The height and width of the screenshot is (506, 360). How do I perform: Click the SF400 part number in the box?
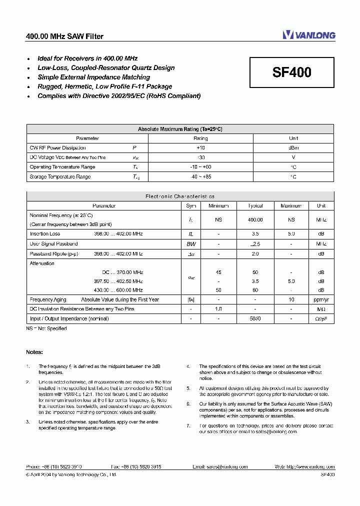pyautogui.click(x=291, y=72)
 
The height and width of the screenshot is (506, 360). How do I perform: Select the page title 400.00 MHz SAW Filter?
pyautogui.click(x=64, y=36)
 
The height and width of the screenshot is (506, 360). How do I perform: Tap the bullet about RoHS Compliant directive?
pyautogui.click(x=119, y=95)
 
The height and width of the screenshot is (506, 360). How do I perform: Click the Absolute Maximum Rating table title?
pyautogui.click(x=180, y=129)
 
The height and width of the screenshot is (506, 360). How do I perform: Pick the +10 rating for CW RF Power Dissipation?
pyautogui.click(x=200, y=148)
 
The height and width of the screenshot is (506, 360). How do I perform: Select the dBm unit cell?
pyautogui.click(x=293, y=148)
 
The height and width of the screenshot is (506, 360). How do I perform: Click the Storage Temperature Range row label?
pyautogui.click(x=60, y=177)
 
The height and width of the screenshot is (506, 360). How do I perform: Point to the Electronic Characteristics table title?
pyautogui.click(x=180, y=196)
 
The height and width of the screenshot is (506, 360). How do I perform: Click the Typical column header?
pyautogui.click(x=255, y=206)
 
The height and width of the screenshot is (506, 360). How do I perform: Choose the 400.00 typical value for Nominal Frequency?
pyautogui.click(x=255, y=219)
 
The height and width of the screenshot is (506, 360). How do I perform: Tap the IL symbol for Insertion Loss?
pyautogui.click(x=191, y=234)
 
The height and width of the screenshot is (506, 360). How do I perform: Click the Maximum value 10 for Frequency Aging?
pyautogui.click(x=291, y=299)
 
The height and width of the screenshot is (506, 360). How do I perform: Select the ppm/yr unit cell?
pyautogui.click(x=321, y=299)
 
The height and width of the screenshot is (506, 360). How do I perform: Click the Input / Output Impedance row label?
pyautogui.click(x=69, y=318)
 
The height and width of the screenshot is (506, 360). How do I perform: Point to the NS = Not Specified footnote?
pyautogui.click(x=46, y=328)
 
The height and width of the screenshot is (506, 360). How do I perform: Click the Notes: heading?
pyautogui.click(x=34, y=352)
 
